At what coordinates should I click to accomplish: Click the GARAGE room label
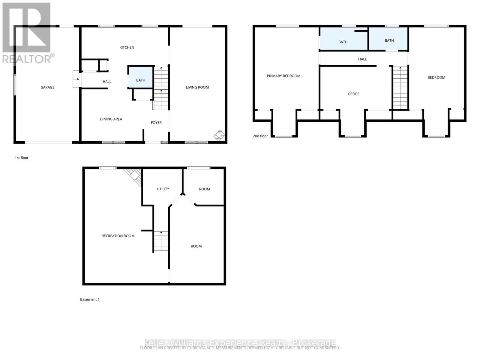click(x=47, y=87)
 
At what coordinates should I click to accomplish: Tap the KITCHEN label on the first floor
click(x=127, y=47)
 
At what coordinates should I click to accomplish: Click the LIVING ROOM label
click(x=197, y=87)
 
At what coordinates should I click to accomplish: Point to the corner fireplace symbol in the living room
click(x=219, y=135)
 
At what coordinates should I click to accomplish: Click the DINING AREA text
click(x=111, y=119)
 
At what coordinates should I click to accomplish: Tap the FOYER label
click(x=156, y=123)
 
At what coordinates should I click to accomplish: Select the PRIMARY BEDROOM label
click(x=283, y=76)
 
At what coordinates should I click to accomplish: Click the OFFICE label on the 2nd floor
click(x=353, y=94)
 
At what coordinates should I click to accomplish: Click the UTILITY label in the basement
click(x=163, y=189)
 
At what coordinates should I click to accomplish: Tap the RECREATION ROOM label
click(x=118, y=236)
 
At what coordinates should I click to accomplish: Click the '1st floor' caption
click(x=22, y=158)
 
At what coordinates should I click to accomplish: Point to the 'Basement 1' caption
click(x=90, y=299)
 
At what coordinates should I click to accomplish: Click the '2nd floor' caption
click(x=260, y=136)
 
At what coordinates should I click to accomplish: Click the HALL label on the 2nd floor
click(x=362, y=59)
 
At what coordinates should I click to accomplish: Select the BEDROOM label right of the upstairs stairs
click(x=436, y=78)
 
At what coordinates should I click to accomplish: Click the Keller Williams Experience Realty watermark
click(x=240, y=343)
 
